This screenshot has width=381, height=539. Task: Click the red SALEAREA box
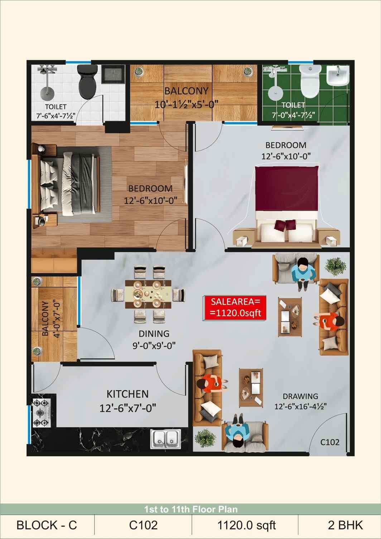pyautogui.click(x=235, y=308)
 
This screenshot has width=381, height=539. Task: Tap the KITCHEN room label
pyautogui.click(x=127, y=394)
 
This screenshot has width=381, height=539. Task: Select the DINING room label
pyautogui.click(x=154, y=334)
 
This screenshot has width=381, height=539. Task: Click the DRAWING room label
pyautogui.click(x=300, y=396)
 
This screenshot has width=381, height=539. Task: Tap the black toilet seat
pyautogui.click(x=87, y=82)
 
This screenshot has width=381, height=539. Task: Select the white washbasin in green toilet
pyautogui.click(x=338, y=75)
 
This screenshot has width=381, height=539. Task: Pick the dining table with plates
pyautogui.click(x=148, y=294)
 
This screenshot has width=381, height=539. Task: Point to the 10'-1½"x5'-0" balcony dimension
pyautogui.click(x=186, y=105)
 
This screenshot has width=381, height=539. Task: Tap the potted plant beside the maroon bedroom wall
pyautogui.click(x=336, y=267)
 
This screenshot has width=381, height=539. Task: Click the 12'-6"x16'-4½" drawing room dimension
pyautogui.click(x=300, y=407)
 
